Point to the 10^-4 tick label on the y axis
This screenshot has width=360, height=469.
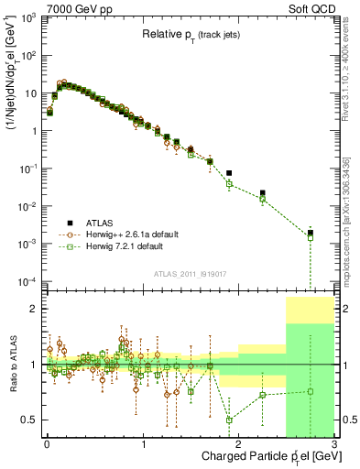(27, 280)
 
